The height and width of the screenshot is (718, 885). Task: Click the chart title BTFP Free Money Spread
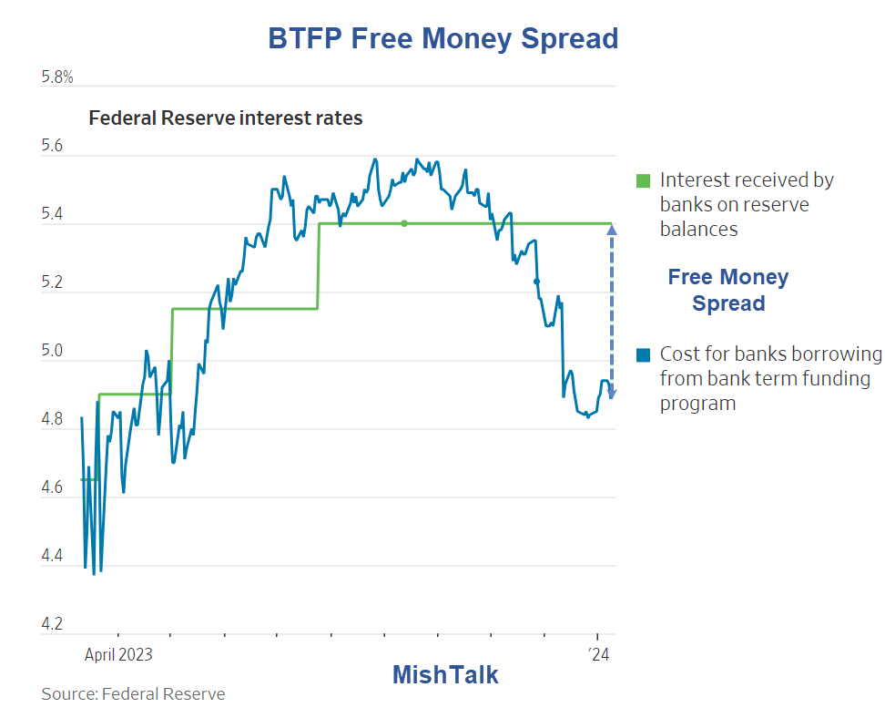tap(442, 38)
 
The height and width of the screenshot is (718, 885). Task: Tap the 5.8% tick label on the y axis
tap(57, 78)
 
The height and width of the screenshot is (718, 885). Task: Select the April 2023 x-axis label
tap(118, 654)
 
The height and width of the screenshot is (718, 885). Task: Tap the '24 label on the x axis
tap(598, 654)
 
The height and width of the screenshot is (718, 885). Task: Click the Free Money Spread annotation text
tap(728, 290)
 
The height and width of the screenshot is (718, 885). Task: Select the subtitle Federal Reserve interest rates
tap(225, 118)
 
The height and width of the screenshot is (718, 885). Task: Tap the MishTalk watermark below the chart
tap(445, 675)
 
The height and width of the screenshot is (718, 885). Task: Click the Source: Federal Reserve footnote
tap(133, 694)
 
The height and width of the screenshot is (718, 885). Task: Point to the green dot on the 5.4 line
tap(404, 223)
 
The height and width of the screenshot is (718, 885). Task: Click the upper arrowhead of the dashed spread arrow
tap(611, 230)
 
